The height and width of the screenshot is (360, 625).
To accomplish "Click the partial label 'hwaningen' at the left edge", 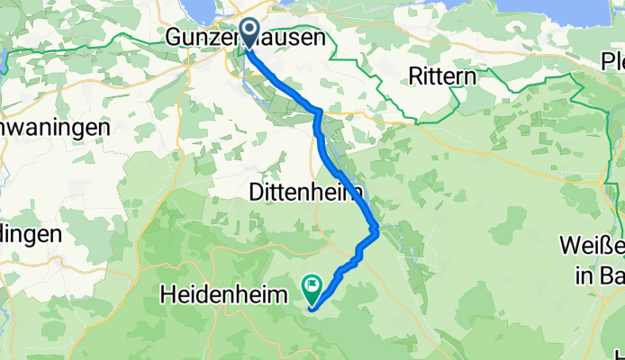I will pyautogui.click(x=54, y=127).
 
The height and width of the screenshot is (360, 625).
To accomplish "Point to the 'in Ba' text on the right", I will pyautogui.click(x=598, y=274).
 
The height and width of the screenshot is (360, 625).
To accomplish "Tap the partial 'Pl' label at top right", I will pyautogui.click(x=613, y=61).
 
